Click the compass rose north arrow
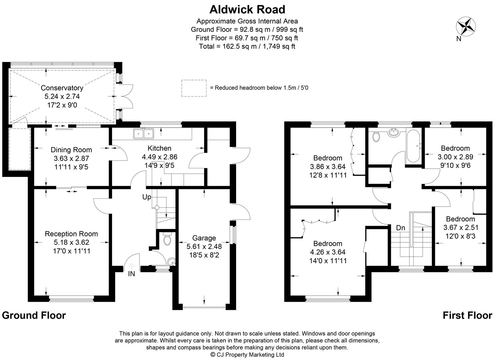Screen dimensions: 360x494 click(x=466, y=26)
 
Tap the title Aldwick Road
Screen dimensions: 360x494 click(x=247, y=9)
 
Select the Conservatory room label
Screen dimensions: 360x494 click(x=62, y=88)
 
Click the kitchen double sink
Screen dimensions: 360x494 click(x=143, y=134)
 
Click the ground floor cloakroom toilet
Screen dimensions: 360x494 click(x=167, y=239)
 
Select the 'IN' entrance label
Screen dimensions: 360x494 click(x=131, y=274)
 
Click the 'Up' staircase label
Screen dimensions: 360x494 click(x=147, y=197)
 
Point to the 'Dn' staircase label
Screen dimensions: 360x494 click(x=401, y=228)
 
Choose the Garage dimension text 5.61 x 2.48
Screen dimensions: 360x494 click(x=204, y=247)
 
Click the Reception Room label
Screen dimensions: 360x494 click(x=71, y=234)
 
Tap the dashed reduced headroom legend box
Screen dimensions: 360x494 click(x=194, y=88)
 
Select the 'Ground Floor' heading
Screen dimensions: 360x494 click(x=34, y=315)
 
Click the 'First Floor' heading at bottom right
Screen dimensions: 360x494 click(x=467, y=315)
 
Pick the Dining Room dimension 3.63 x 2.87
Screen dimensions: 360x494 click(x=71, y=159)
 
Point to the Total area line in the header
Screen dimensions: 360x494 click(x=247, y=46)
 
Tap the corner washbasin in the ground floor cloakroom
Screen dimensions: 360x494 click(x=172, y=262)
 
